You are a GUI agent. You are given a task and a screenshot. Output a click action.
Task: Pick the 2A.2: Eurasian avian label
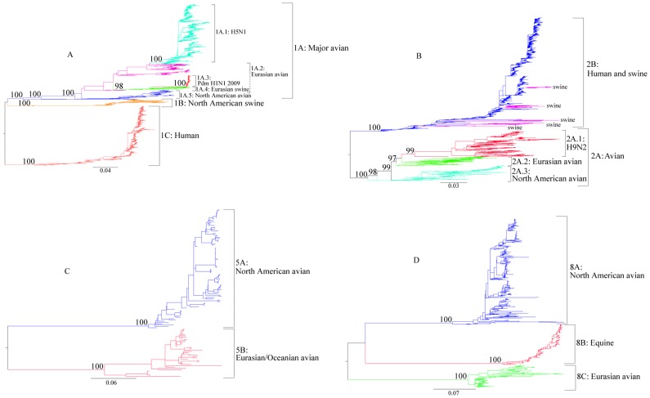click(x=541, y=160)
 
